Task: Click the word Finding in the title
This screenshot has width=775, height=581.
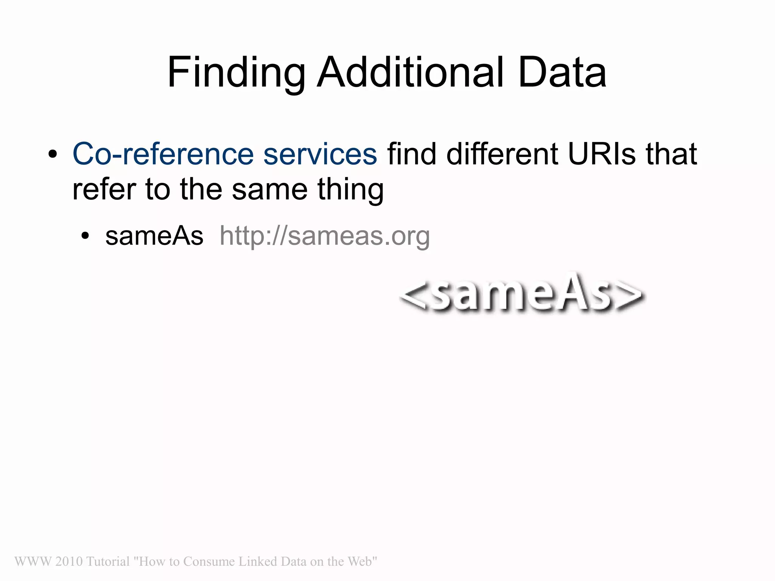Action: pos(237,73)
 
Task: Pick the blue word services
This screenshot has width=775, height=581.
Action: pos(320,154)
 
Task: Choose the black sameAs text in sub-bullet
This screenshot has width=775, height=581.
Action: pos(154,236)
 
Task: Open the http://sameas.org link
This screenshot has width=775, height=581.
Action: pos(325,237)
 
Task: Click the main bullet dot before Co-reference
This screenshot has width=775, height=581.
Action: pos(53,154)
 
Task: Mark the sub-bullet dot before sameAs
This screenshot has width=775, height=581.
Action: pos(85,236)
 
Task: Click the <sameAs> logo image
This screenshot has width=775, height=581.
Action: pos(522,293)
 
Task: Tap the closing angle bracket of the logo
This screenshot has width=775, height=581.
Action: pos(630,295)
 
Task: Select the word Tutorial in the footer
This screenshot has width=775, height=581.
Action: pos(108,561)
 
